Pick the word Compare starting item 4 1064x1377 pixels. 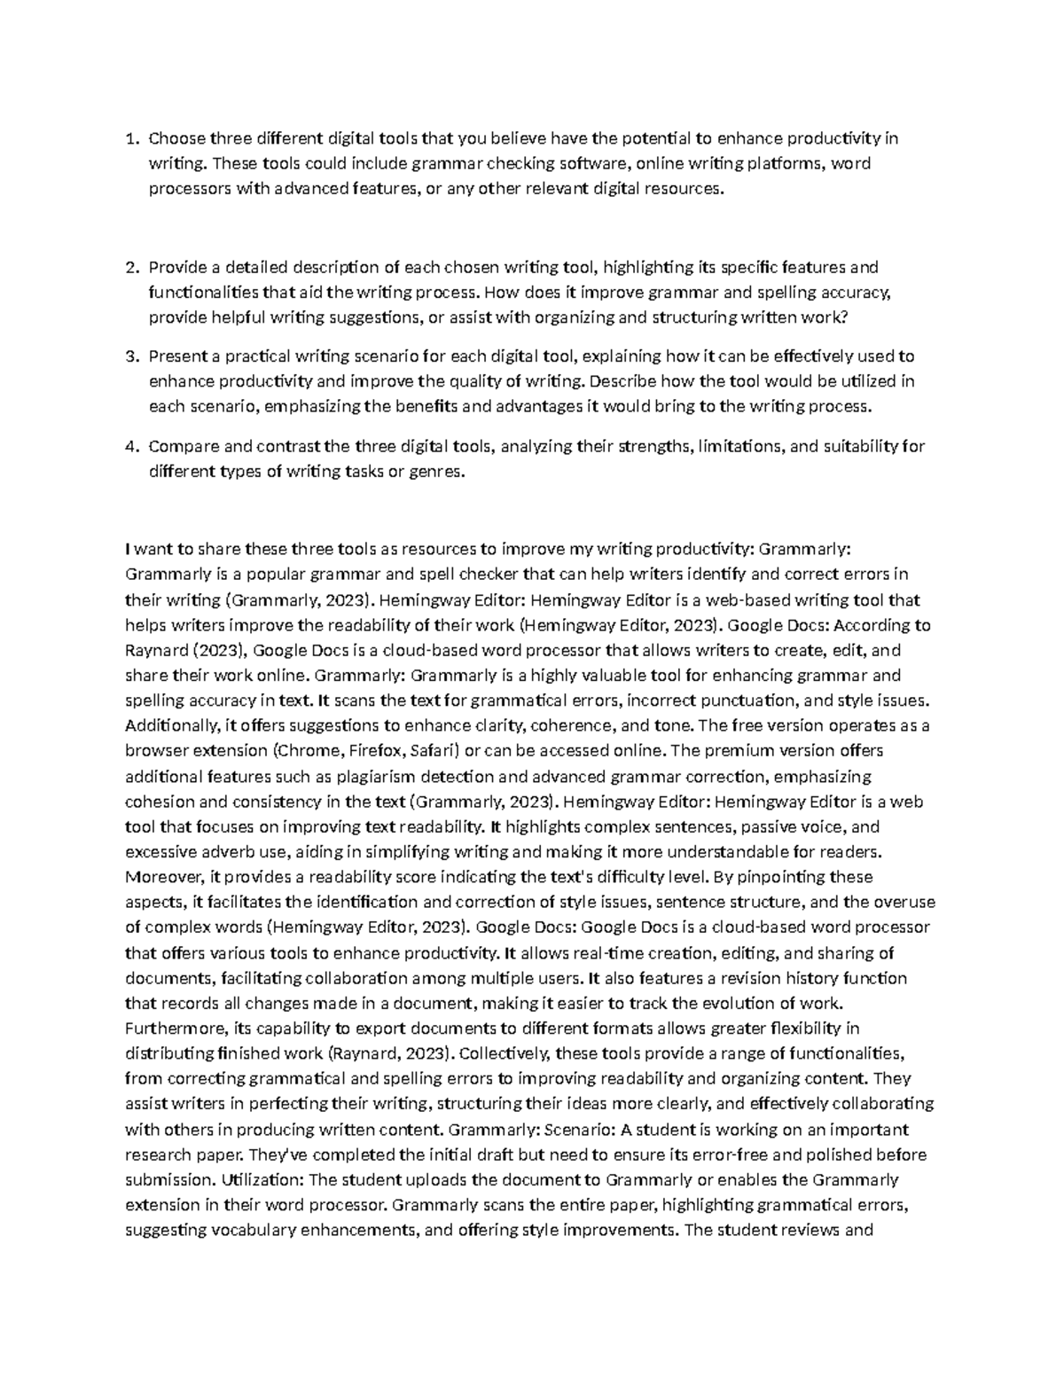tap(182, 447)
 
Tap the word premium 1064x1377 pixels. tap(725, 750)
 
